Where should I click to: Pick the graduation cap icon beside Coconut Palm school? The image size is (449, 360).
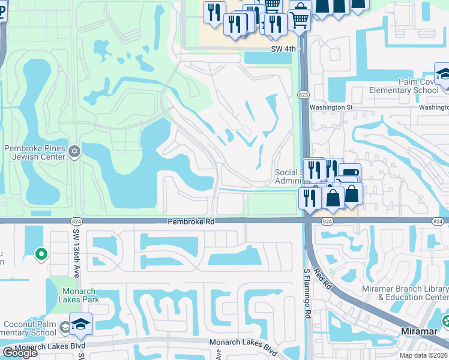[x=80, y=325]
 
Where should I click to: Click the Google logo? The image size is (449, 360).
[x=20, y=353]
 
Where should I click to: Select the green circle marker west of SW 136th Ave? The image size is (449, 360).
[x=41, y=254]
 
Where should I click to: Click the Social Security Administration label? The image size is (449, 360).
[x=288, y=176]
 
